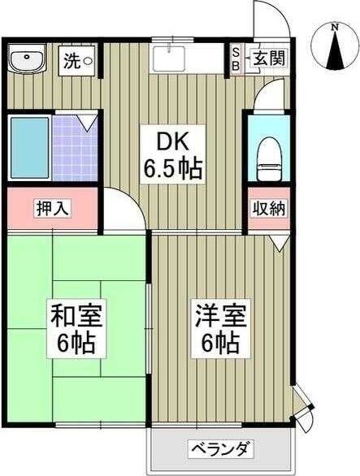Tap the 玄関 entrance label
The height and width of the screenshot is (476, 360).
click(268, 58)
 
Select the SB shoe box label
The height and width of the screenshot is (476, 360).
click(236, 59)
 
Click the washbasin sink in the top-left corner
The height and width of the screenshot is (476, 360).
click(28, 60)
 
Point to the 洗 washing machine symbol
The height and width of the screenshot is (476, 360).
click(79, 59)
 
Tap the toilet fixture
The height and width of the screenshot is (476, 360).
click(267, 154)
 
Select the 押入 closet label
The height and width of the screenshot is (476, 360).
click(54, 207)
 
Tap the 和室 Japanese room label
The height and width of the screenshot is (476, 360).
click(76, 314)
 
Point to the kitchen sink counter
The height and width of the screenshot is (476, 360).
click(187, 58)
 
